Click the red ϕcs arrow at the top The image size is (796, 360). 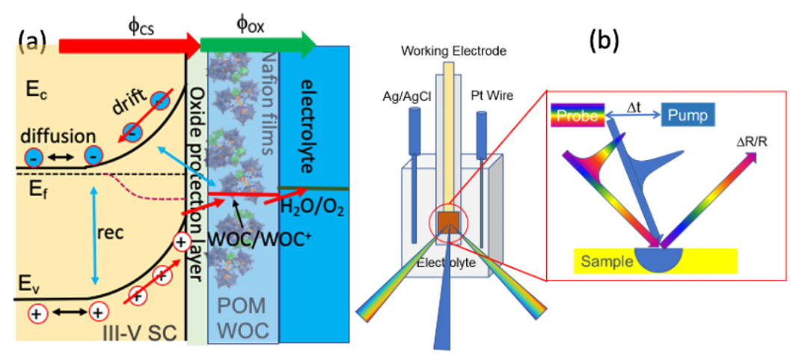click(x=130, y=45)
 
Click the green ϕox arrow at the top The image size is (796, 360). click(x=259, y=44)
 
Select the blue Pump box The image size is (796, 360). click(x=688, y=116)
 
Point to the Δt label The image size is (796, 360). click(x=633, y=107)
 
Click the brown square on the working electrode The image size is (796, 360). click(x=449, y=222)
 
